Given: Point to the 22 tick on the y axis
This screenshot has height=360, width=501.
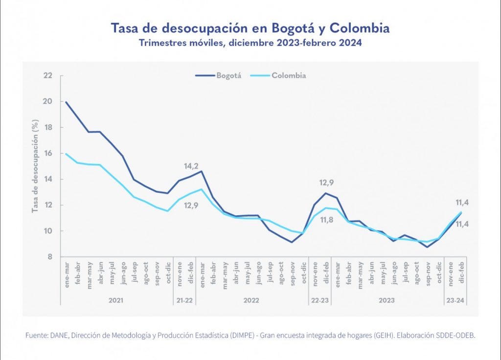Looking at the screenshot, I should click(x=47, y=76).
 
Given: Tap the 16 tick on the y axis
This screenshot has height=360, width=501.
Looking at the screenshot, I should click(x=47, y=154).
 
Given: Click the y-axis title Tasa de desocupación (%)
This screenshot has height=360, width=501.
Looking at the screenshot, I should click(x=35, y=166).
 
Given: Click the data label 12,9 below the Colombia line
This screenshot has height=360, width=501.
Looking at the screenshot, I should click(x=191, y=205).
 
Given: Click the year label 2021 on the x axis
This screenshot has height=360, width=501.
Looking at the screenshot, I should click(x=116, y=299).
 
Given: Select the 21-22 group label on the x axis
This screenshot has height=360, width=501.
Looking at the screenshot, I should click(x=184, y=299).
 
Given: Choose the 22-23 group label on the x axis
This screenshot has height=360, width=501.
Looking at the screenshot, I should click(x=320, y=299).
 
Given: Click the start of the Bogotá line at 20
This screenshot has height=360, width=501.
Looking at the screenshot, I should click(x=66, y=102).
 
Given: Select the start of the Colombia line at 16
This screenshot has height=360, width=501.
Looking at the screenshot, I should click(x=66, y=154).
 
